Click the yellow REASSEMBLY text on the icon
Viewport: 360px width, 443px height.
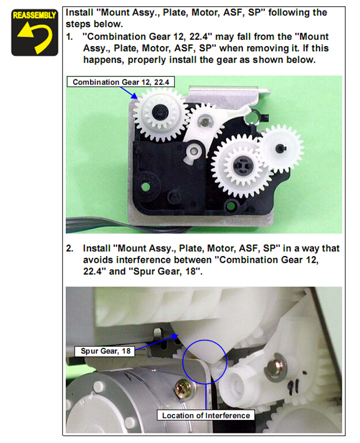tap(34, 15)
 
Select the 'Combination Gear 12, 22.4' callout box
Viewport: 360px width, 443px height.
tap(120, 82)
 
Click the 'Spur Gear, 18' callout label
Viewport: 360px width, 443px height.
tap(105, 351)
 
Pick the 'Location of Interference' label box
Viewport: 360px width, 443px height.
tap(206, 415)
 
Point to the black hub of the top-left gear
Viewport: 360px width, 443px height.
tap(160, 113)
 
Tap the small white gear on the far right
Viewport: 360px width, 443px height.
tap(281, 148)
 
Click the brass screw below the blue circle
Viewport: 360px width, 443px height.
tap(184, 389)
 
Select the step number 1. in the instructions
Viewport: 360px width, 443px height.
tap(69, 37)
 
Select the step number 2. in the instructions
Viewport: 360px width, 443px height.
tap(70, 248)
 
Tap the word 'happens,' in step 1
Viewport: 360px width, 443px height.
tap(104, 60)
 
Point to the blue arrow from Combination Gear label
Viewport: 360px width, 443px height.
tap(129, 93)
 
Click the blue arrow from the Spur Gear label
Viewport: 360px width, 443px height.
tap(156, 343)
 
